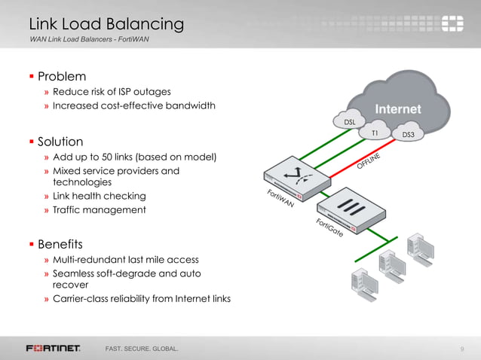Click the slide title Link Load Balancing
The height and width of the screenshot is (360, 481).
106,24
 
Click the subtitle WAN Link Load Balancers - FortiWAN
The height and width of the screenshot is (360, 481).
89,39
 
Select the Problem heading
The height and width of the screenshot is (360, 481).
62,76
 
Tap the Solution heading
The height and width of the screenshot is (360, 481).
60,142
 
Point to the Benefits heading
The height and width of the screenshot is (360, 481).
60,244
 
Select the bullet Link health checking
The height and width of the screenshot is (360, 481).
100,196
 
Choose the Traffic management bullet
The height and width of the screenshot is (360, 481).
99,209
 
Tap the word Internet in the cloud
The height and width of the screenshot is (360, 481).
398,109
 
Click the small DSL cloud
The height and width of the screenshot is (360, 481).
350,122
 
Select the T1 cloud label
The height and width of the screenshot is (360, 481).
375,133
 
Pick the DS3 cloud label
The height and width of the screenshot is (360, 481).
408,136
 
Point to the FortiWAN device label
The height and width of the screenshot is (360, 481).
280,202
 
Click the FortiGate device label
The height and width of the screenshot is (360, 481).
329,228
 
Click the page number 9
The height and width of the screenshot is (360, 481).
461,349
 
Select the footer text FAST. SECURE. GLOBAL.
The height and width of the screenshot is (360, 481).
142,349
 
